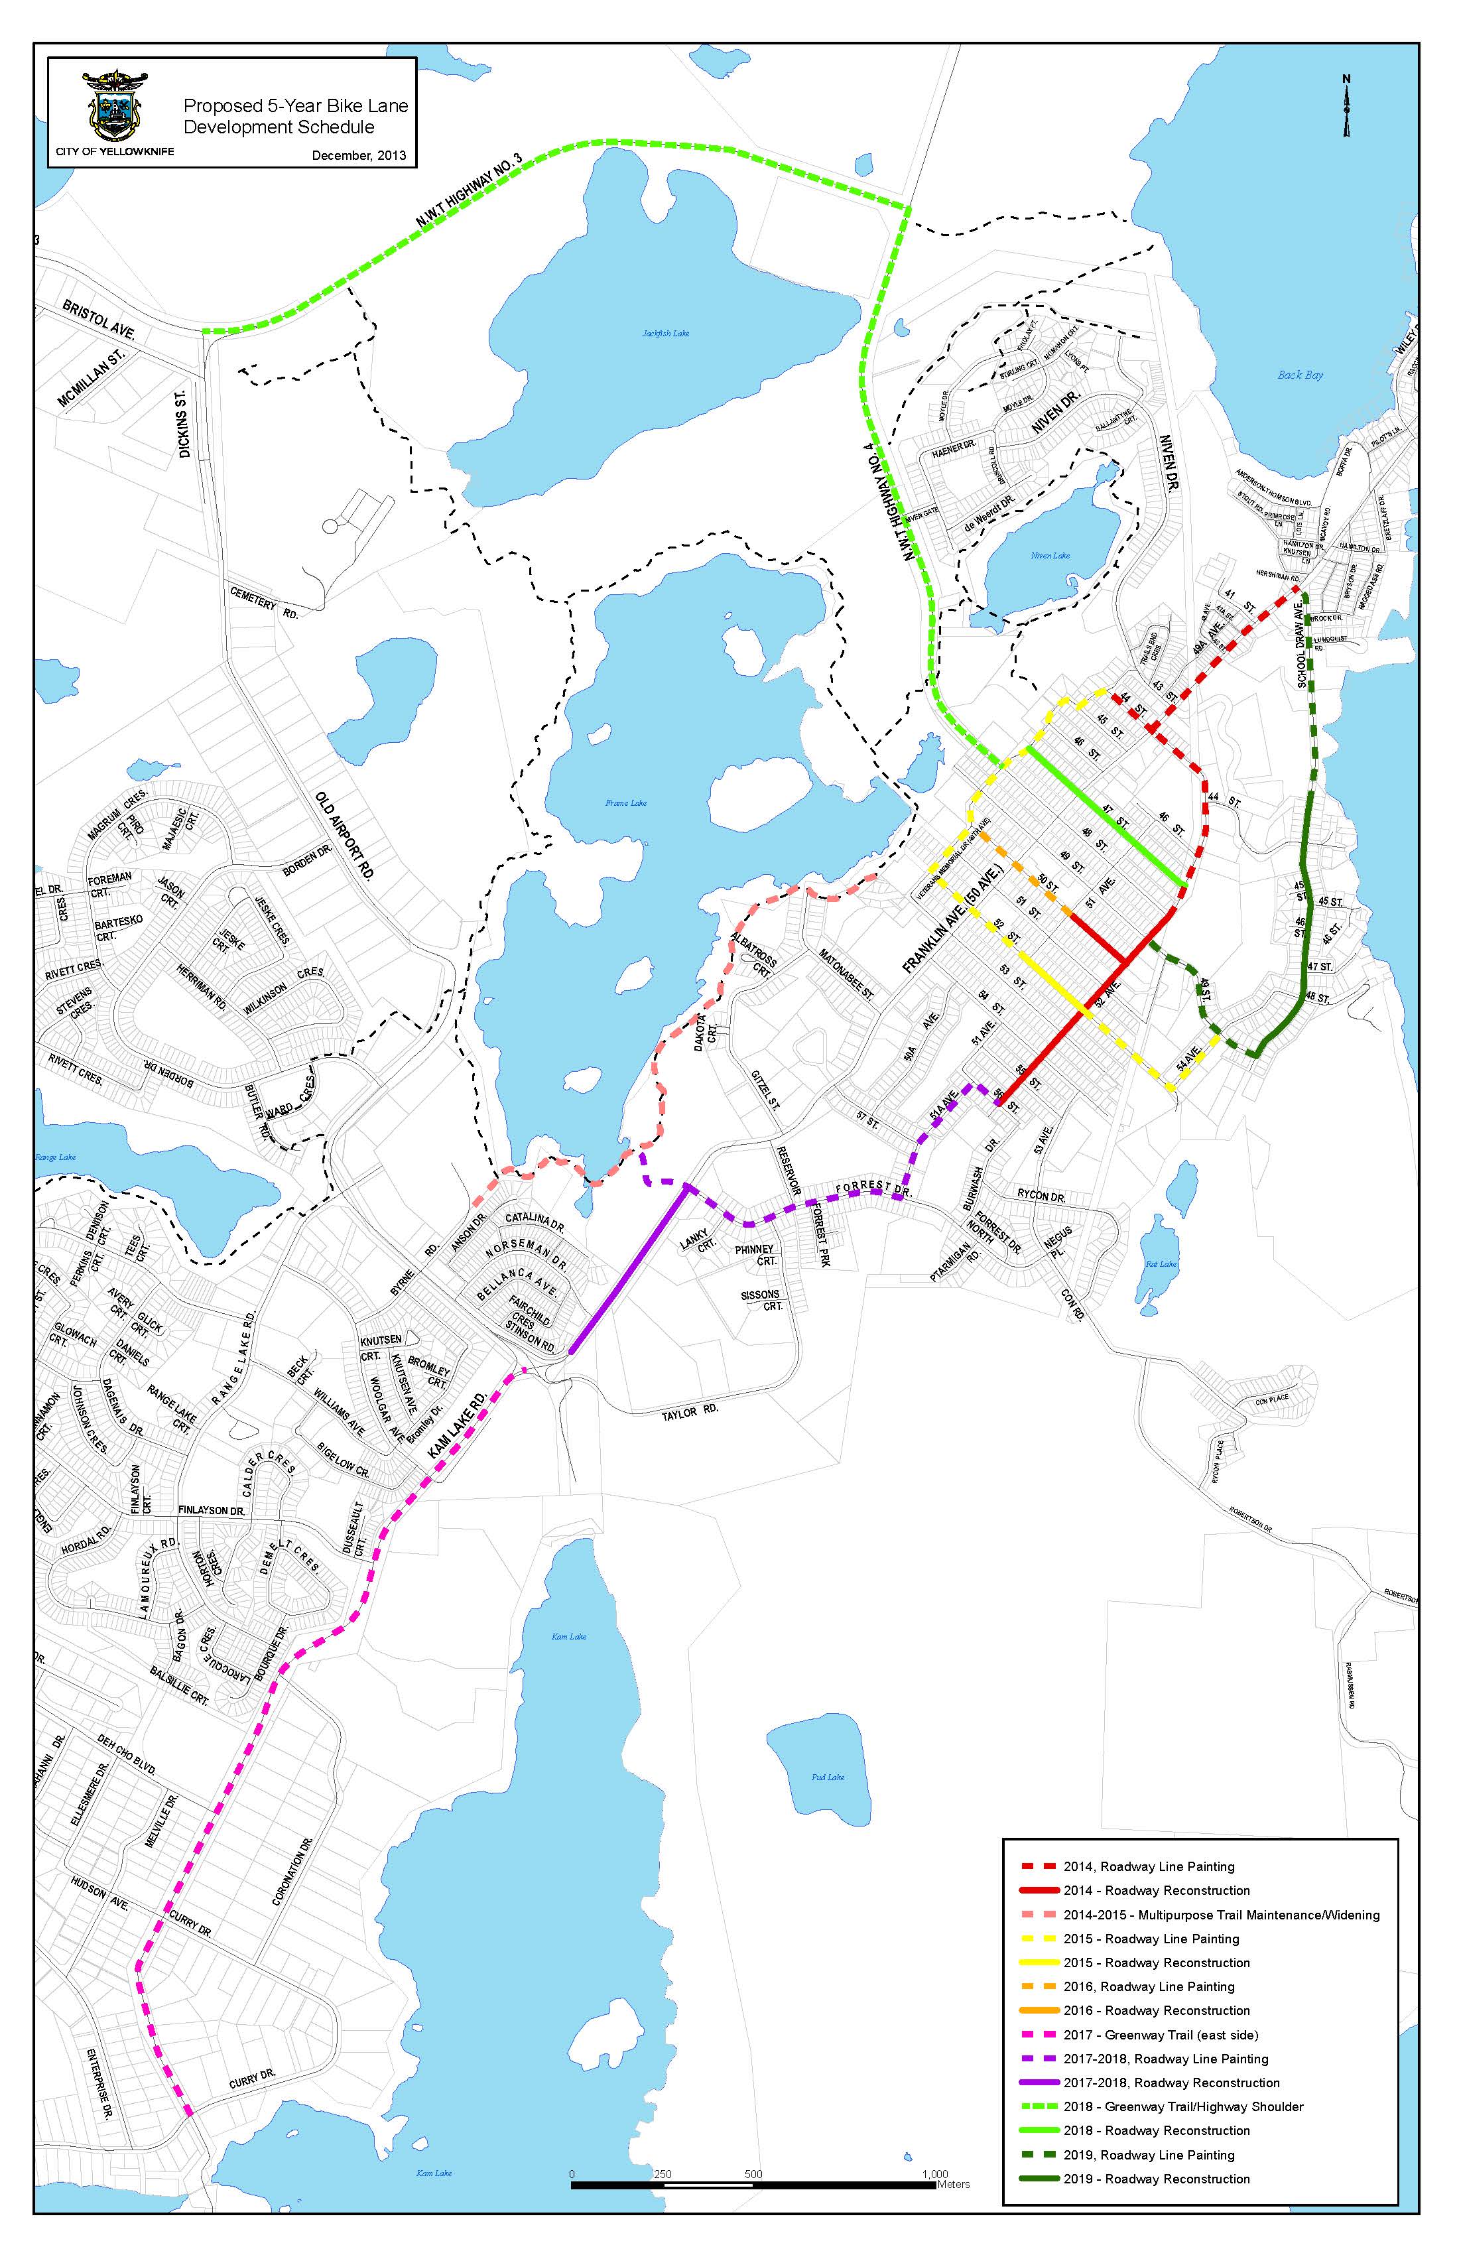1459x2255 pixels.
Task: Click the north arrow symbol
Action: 1346,106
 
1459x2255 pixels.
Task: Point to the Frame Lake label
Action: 626,803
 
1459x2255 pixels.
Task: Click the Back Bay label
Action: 1300,375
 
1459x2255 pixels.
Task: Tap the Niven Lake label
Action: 1050,555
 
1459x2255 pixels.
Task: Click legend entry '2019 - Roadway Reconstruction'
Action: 1156,2178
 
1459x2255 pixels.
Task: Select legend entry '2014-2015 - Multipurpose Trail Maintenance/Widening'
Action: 1220,1915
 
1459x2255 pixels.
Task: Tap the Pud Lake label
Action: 828,1777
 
